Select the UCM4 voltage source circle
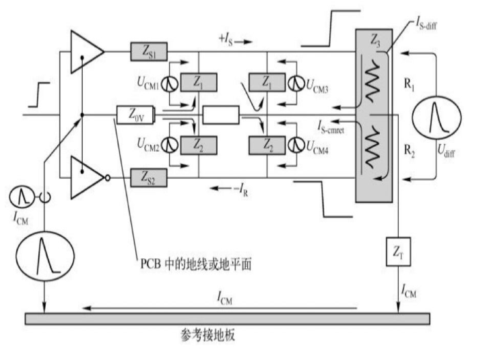pos(295,146)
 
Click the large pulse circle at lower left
pos(43,253)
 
